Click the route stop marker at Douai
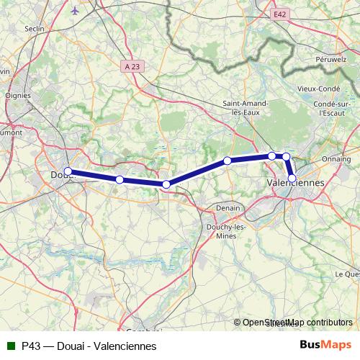click(x=68, y=171)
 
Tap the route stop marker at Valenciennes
click(x=292, y=178)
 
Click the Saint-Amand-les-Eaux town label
click(x=246, y=107)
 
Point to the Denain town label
click(x=228, y=208)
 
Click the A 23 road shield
click(x=130, y=66)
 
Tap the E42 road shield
click(x=279, y=14)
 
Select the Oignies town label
click(x=18, y=94)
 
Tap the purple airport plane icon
click(x=76, y=11)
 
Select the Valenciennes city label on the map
click(x=296, y=183)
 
